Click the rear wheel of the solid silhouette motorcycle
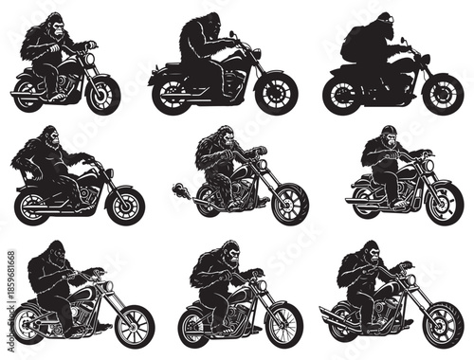click(342, 94)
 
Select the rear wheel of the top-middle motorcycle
click(171, 94)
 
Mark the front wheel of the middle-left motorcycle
click(124, 205)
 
